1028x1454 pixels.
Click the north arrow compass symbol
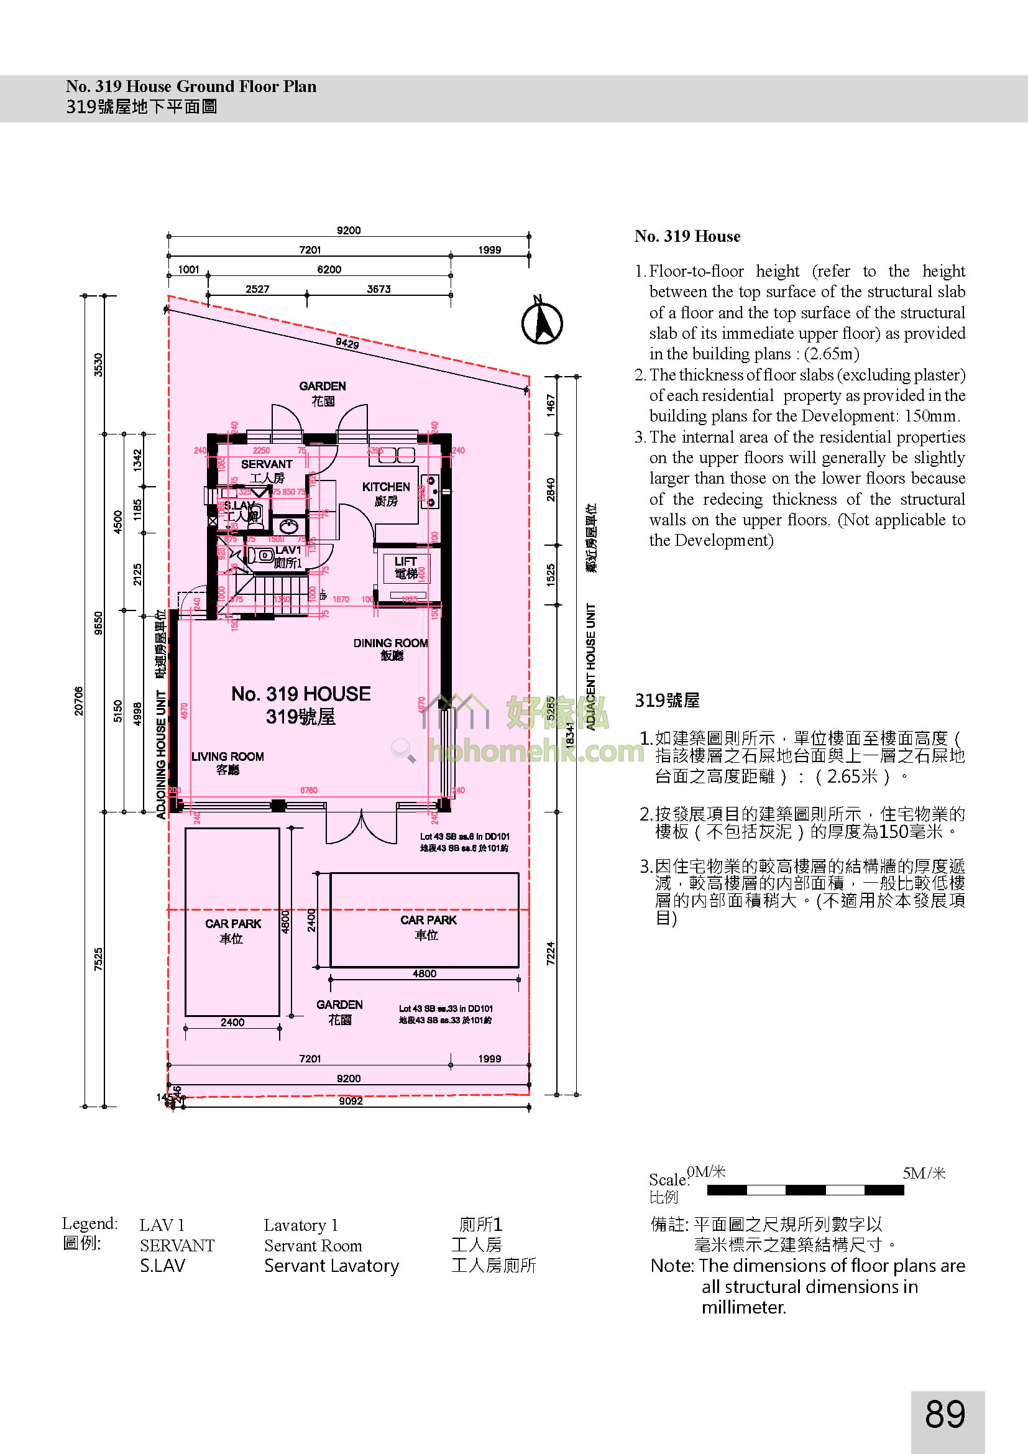(x=542, y=323)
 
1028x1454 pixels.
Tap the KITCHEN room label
(x=386, y=487)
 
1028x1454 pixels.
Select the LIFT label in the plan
(x=405, y=562)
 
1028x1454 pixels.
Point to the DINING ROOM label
(x=390, y=643)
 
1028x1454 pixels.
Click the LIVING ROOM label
(x=227, y=757)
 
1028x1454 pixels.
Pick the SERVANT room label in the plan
(x=267, y=464)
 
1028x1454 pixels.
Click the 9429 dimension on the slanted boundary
(x=347, y=343)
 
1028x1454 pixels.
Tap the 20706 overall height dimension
(x=79, y=701)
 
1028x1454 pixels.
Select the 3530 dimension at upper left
(x=99, y=366)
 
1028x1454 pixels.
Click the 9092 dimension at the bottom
(x=351, y=1102)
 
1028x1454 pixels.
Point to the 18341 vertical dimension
(x=570, y=735)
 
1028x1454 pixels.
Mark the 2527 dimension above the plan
(x=258, y=290)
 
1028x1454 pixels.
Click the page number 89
(x=945, y=1414)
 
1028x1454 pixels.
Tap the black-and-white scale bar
(x=805, y=1190)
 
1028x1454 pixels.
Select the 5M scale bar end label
(x=924, y=1174)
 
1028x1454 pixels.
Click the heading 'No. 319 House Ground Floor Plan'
(x=191, y=87)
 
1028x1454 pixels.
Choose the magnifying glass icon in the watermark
(x=403, y=750)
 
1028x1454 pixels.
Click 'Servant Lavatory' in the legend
(x=332, y=1266)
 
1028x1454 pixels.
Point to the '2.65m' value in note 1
(x=831, y=354)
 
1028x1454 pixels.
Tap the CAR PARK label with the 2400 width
(x=233, y=924)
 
